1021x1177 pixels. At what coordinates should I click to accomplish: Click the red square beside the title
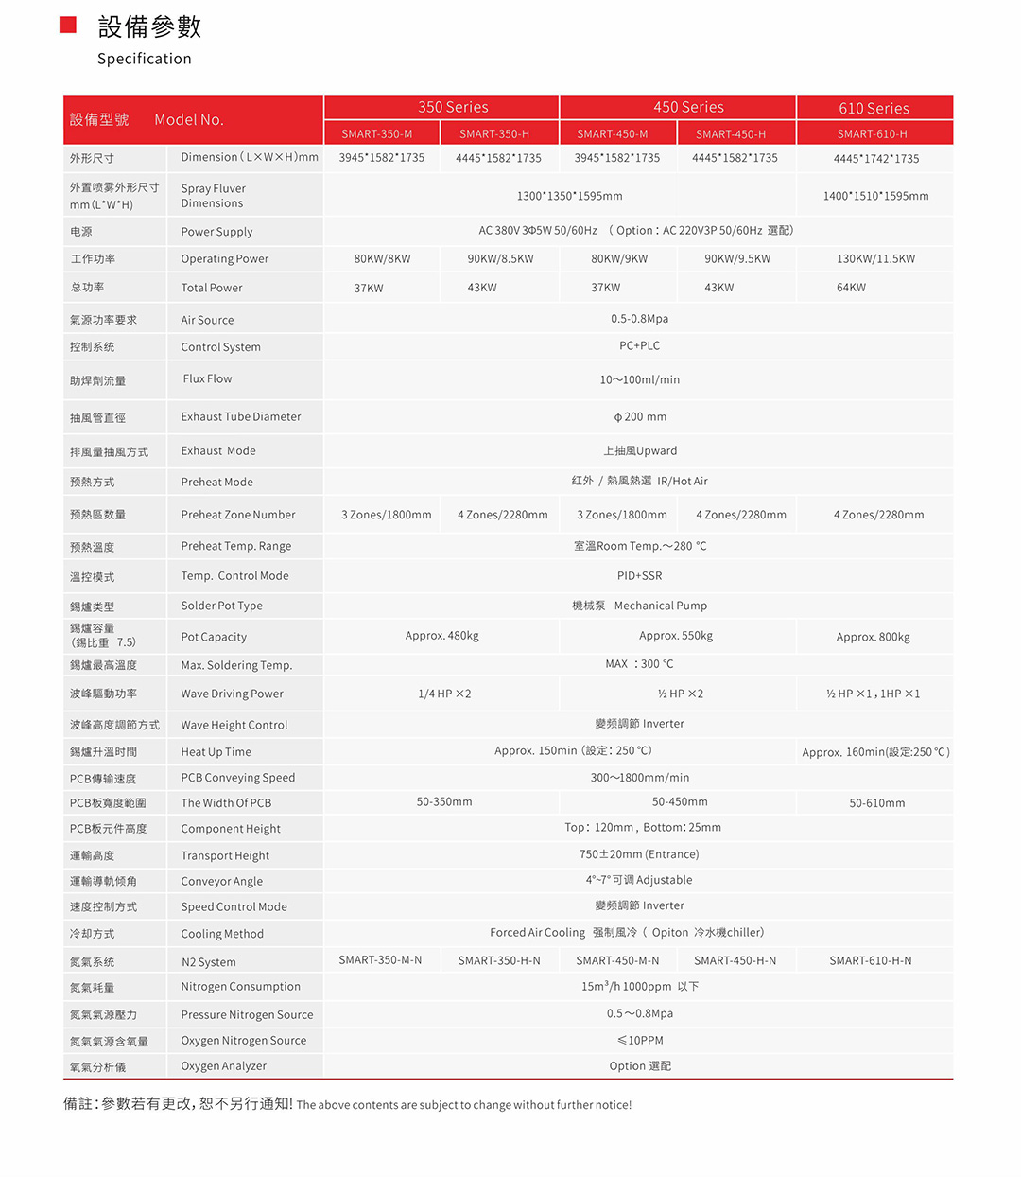68,25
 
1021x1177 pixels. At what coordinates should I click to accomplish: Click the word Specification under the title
144,59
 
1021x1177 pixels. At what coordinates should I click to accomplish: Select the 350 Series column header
453,107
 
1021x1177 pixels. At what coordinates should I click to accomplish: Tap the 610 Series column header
874,108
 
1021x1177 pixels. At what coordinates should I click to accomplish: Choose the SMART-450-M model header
612,133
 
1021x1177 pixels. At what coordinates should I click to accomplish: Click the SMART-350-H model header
493,133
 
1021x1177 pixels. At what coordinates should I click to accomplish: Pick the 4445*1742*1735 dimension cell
875,158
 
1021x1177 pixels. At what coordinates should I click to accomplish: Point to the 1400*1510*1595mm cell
875,196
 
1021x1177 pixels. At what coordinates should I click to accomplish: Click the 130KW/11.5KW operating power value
875,258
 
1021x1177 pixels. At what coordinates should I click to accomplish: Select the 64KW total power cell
851,287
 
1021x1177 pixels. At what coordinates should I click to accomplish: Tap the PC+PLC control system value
639,345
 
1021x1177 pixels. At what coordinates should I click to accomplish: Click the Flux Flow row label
207,378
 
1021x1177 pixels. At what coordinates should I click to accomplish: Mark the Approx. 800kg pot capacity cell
873,637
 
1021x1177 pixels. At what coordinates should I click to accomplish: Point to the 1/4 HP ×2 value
444,694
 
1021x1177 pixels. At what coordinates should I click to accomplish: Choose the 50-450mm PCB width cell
680,801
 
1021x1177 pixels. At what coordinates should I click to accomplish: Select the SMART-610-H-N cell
870,960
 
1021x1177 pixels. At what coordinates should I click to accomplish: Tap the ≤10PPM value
640,1040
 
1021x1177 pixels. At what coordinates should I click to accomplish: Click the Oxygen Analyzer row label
223,1065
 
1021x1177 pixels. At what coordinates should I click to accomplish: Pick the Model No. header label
188,119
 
